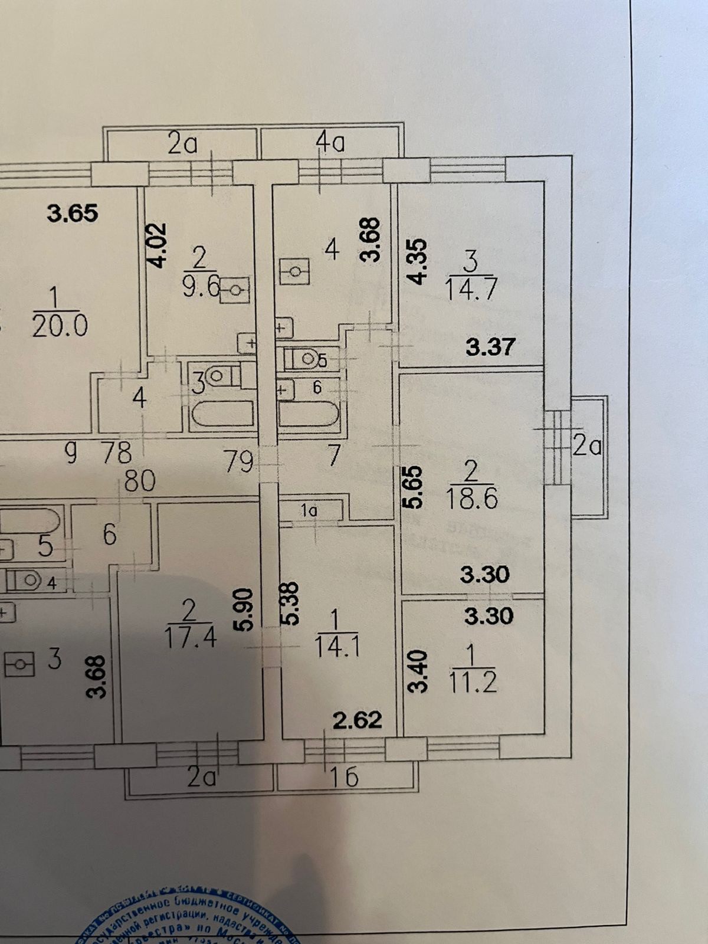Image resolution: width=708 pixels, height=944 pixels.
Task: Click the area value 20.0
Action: tap(60, 325)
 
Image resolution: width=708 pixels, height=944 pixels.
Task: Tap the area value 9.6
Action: tap(201, 289)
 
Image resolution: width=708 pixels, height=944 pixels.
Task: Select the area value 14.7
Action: tap(471, 290)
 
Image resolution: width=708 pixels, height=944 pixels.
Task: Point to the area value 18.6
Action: tap(472, 499)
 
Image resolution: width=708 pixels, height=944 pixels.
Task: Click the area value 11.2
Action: tap(473, 682)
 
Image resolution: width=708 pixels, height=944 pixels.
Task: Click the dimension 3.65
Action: tap(73, 213)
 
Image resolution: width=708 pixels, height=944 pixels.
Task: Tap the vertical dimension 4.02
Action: tap(158, 245)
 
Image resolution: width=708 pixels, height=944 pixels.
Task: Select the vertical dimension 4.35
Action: tap(417, 261)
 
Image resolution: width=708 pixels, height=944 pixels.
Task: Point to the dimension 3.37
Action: tap(491, 346)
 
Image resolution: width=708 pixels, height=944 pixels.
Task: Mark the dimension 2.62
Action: tap(358, 720)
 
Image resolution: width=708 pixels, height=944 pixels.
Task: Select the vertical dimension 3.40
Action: tap(417, 671)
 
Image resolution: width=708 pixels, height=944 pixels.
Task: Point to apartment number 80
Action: tap(140, 481)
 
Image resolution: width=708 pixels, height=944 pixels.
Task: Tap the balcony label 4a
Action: tap(330, 142)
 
